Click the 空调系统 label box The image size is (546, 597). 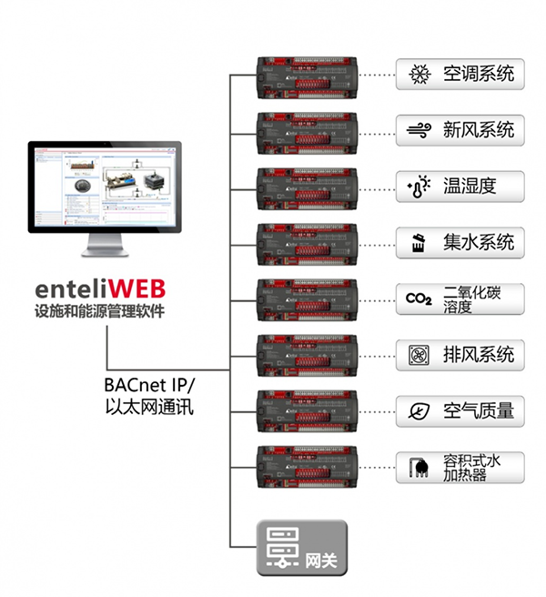(x=460, y=74)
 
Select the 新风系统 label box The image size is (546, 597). (x=460, y=129)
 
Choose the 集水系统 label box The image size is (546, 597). (x=460, y=241)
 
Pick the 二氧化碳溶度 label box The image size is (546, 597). (x=460, y=298)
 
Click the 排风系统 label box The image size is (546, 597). (x=460, y=353)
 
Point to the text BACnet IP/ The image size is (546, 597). (x=149, y=384)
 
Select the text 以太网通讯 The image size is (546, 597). (x=149, y=407)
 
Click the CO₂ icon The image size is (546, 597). (x=419, y=298)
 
